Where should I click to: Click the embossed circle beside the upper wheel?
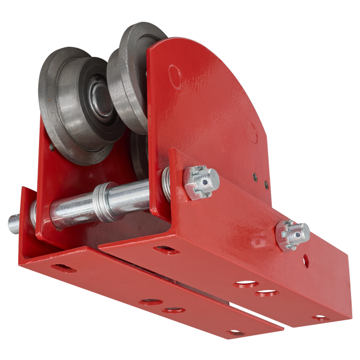[x=174, y=75]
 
